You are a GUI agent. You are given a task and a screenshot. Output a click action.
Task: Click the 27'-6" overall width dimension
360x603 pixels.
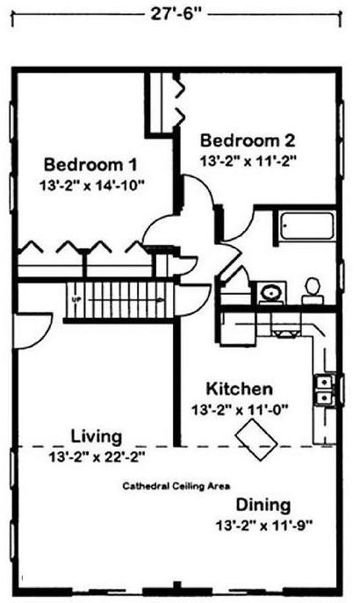click(176, 15)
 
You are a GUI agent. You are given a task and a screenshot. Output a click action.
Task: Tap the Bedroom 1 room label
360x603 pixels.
click(90, 165)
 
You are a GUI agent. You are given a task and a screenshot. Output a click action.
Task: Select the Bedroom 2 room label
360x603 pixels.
click(248, 140)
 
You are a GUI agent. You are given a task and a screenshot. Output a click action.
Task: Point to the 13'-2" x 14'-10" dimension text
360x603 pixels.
click(91, 186)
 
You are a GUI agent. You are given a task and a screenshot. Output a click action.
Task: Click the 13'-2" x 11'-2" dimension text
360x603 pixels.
click(248, 161)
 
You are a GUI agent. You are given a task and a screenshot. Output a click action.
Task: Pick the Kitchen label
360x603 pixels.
click(239, 389)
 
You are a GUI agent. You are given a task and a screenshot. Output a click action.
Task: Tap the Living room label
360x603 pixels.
click(97, 436)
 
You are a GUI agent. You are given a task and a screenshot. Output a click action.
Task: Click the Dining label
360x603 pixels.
click(263, 505)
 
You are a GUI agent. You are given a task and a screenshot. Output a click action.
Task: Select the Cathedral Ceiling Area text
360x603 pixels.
click(176, 486)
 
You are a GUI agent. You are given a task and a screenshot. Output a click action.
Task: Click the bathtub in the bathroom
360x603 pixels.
click(307, 226)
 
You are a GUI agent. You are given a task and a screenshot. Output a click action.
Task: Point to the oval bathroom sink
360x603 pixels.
click(270, 292)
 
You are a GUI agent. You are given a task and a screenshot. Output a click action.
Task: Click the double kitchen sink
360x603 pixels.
click(323, 390)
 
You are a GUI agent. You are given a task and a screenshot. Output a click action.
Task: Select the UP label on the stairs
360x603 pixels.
click(76, 298)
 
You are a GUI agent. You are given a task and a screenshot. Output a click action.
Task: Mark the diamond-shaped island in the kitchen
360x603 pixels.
click(256, 439)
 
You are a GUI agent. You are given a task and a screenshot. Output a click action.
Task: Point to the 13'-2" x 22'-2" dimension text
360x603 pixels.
click(97, 457)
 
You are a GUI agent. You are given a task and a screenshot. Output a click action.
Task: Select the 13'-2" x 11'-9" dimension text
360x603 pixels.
click(263, 525)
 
